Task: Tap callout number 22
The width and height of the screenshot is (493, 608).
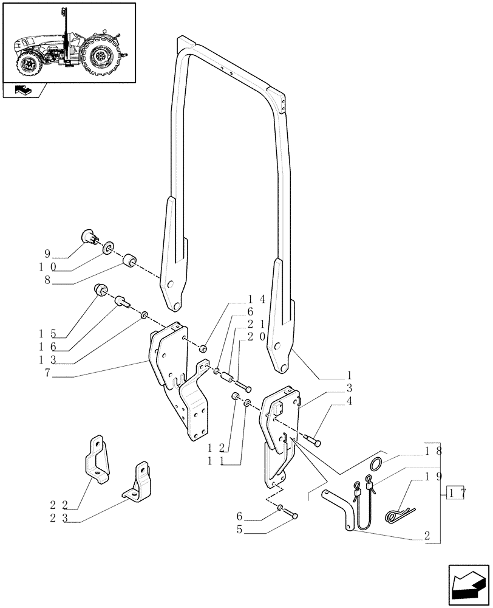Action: coord(58,504)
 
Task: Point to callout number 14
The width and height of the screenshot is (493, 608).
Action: coord(256,300)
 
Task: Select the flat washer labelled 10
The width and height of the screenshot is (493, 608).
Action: coord(107,248)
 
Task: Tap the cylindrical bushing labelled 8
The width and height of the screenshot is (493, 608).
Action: coord(129,262)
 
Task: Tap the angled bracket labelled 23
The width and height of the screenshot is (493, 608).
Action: coord(138,483)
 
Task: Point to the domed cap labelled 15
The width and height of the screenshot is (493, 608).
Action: coord(101,291)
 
